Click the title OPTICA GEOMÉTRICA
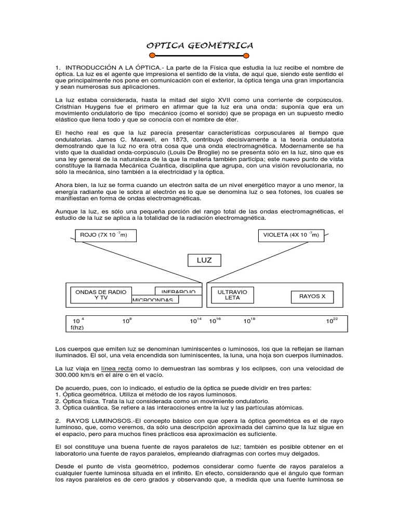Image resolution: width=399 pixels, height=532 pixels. coord(199,46)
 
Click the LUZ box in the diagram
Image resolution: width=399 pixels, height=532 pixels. coord(204,260)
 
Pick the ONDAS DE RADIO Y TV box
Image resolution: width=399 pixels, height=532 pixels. coord(101,295)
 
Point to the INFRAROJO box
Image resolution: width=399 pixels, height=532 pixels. coord(178,291)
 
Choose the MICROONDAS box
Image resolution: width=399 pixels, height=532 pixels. coord(155,300)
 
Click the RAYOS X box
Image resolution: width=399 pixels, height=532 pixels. coord(312,297)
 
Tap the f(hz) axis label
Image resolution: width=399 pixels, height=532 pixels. coord(77,328)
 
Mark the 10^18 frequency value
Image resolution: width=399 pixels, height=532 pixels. coord(249,321)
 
